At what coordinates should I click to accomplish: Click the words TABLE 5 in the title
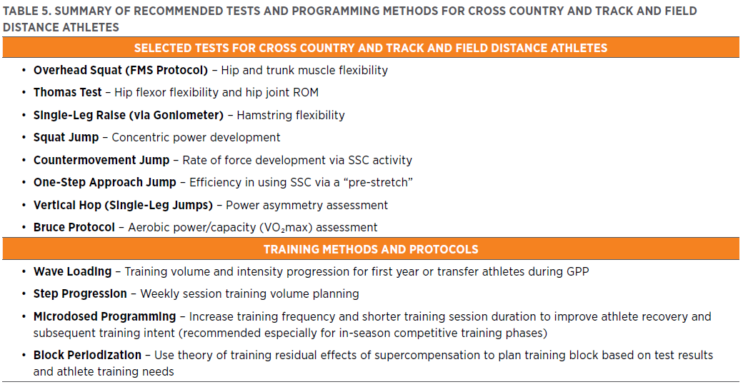coord(26,11)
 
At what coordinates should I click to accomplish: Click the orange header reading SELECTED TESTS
coord(371,48)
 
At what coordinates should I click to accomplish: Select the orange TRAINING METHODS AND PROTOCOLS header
coord(371,249)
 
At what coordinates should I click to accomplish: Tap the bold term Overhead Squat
coord(76,71)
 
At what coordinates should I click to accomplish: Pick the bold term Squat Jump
coord(66,138)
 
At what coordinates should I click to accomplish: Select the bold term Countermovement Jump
coord(101,160)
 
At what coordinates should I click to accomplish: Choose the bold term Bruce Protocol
coord(74,228)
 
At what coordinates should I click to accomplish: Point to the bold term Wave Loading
coord(72,272)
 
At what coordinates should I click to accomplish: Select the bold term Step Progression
coord(80,294)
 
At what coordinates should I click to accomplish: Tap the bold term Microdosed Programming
coord(104,316)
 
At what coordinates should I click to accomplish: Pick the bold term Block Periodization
coord(87,355)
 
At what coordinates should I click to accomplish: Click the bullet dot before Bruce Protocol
coord(24,228)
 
